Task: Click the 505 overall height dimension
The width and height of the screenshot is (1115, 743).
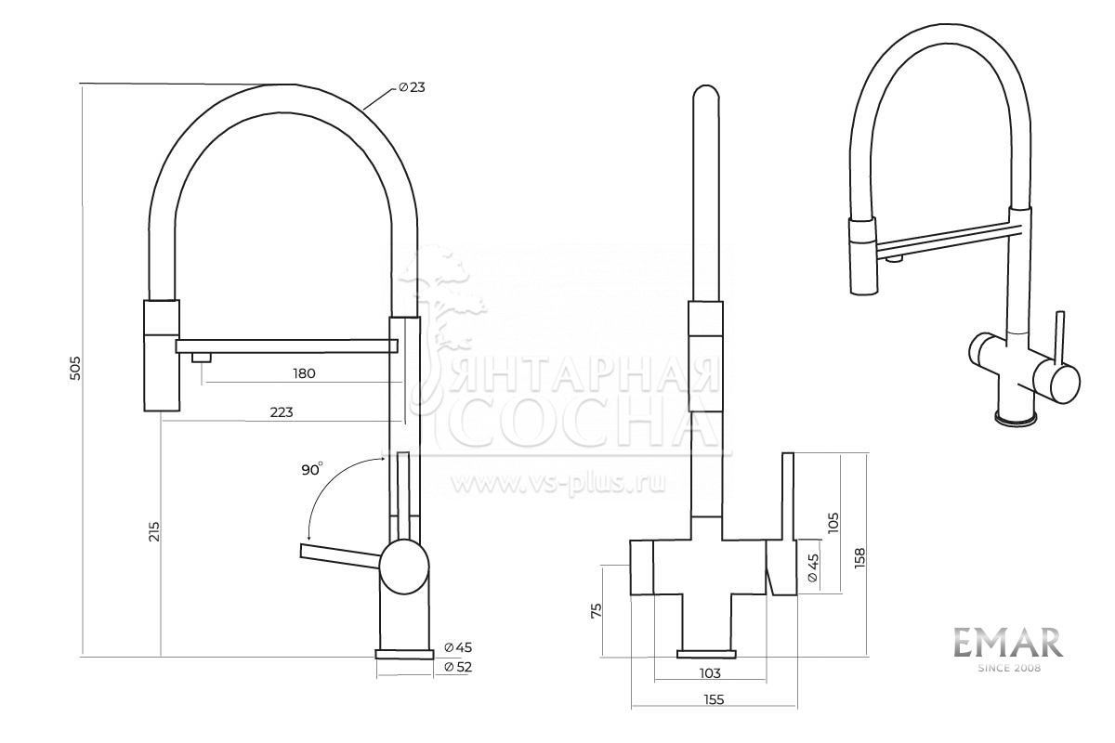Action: coord(74,368)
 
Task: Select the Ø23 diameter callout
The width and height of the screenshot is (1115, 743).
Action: coord(412,87)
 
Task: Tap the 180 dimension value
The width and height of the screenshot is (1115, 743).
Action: coord(304,373)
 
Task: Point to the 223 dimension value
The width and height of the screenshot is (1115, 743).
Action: coord(282,412)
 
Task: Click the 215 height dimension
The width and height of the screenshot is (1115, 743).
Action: coord(155,531)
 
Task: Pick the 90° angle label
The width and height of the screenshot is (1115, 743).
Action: coord(312,469)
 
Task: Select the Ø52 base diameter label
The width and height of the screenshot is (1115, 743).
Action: coord(457,667)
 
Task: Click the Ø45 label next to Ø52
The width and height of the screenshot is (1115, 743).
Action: coord(457,647)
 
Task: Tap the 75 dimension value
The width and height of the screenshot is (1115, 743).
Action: coord(597,610)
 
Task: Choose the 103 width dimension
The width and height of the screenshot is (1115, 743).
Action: coord(710,673)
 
